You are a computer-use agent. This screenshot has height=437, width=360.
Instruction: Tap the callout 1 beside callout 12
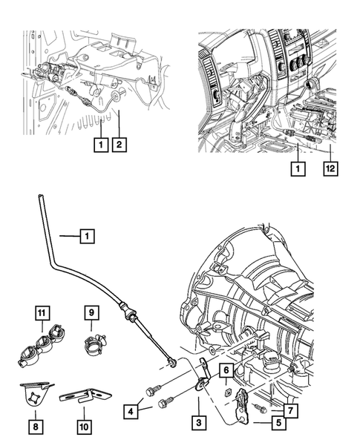click(x=298, y=169)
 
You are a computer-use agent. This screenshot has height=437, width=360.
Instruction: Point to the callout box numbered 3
click(x=197, y=422)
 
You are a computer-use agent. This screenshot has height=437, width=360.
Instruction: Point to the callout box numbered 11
click(x=41, y=313)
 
